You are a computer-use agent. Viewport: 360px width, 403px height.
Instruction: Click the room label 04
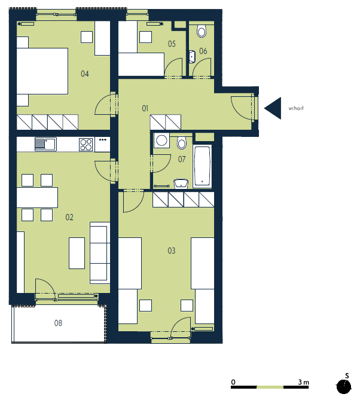[84, 74]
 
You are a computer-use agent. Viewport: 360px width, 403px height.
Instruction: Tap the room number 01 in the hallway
[145, 108]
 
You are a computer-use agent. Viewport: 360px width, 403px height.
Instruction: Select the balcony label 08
[58, 323]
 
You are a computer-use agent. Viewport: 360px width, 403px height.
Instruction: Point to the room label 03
[172, 251]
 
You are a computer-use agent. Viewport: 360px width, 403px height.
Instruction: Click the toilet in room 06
[202, 31]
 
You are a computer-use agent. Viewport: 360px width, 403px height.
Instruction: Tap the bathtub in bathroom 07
[202, 166]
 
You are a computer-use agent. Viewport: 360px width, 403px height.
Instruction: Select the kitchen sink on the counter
[45, 144]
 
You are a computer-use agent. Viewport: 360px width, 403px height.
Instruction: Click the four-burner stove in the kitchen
[86, 144]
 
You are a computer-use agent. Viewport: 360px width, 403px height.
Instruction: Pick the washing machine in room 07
[161, 141]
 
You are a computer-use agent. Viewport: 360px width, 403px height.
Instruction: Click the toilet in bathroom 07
[182, 143]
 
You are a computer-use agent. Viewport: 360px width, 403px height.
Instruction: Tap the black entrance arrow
[273, 108]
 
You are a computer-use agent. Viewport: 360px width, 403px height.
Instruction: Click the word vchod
[296, 108]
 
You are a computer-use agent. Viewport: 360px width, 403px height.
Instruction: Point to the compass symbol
[344, 386]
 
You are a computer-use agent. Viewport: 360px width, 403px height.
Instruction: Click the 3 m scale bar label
[303, 382]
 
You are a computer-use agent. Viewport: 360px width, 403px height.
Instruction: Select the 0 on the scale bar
[233, 382]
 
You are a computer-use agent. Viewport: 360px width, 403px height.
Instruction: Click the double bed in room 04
[42, 71]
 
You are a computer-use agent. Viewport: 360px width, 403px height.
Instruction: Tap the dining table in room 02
[37, 197]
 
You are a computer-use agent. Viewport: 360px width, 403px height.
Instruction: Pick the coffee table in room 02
[77, 253]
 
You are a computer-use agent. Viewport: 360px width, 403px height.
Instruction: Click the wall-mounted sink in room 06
[192, 57]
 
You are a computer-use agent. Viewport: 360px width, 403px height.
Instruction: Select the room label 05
[172, 44]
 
